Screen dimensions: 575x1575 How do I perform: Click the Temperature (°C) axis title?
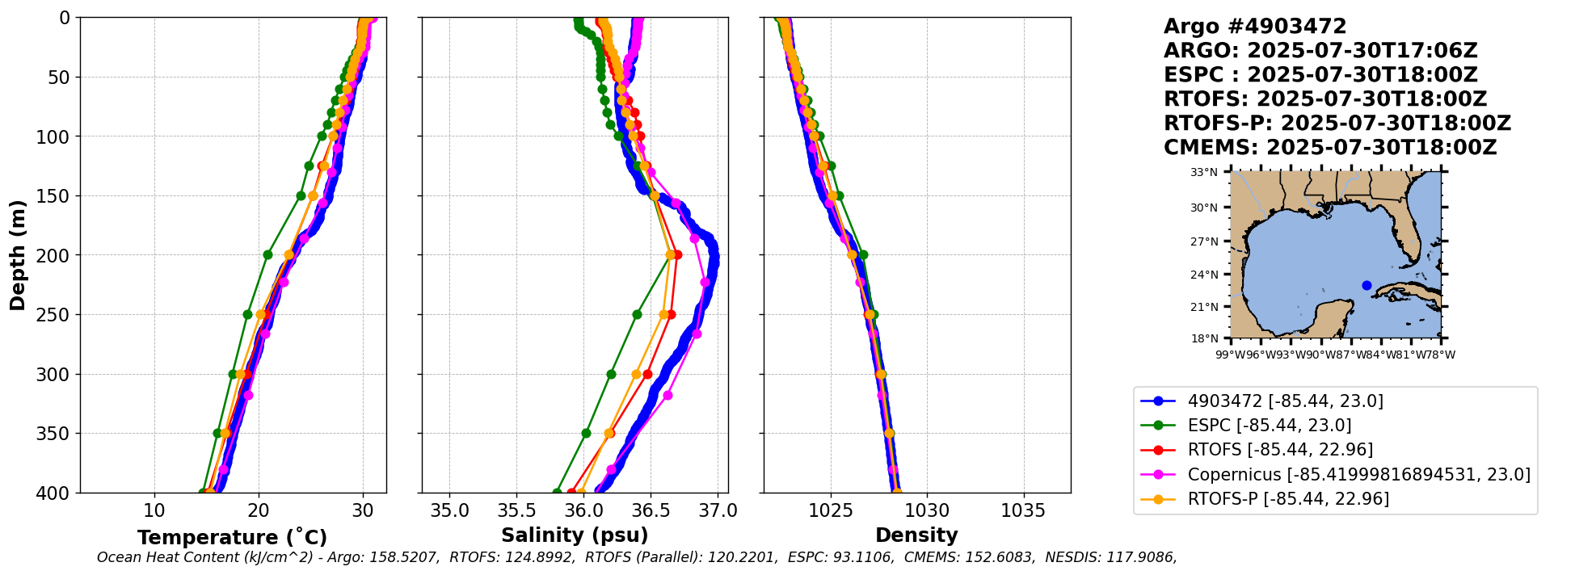click(x=232, y=538)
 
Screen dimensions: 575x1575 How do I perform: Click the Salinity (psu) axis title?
click(x=575, y=535)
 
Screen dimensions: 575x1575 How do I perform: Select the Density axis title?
click(x=916, y=535)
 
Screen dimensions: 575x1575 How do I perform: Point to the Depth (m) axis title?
click(x=18, y=254)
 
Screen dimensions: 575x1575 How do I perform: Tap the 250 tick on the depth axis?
click(x=58, y=315)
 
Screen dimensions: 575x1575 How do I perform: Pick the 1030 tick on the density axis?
click(x=927, y=510)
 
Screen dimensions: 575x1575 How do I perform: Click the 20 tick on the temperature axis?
click(x=259, y=510)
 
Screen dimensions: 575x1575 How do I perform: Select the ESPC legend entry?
click(x=1269, y=426)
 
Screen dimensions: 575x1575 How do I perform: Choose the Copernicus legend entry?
click(x=1358, y=475)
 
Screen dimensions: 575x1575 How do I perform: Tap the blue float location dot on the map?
click(x=1367, y=285)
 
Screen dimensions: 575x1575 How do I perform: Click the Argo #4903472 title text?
click(x=1255, y=27)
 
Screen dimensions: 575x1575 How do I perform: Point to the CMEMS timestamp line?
click(x=1329, y=148)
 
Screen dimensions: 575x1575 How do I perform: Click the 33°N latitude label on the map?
click(x=1204, y=172)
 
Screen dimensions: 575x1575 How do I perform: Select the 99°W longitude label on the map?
click(x=1227, y=355)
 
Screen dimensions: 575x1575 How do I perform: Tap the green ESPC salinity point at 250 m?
click(x=637, y=314)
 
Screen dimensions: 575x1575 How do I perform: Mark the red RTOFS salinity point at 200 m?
click(x=677, y=255)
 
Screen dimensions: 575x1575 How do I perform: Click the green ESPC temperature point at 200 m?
click(x=267, y=255)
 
